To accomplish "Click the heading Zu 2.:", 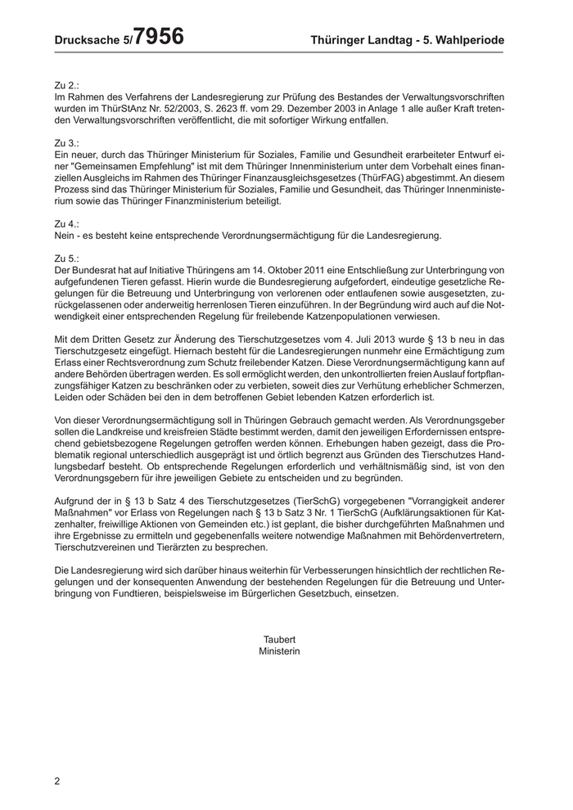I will coord(66,84).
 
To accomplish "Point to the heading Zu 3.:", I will coord(66,142).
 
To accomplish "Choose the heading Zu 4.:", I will coord(66,223).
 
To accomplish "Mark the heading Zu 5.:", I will coord(66,259).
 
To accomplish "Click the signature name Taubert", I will coord(280,639).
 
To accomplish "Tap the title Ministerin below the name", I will coord(280,651).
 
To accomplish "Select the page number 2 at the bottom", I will coord(57,781).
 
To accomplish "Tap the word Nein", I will coord(65,236).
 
